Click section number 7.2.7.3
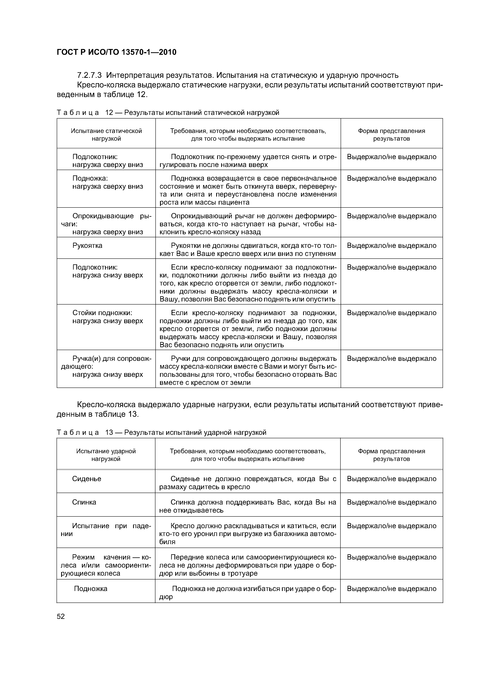click(89, 76)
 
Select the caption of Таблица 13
click(161, 432)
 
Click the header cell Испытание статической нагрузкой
click(106, 135)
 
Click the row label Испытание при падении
click(106, 530)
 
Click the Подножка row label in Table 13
click(91, 589)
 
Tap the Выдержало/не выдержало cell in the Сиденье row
click(391, 479)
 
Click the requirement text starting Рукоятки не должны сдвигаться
click(248, 250)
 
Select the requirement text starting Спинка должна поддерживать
click(248, 506)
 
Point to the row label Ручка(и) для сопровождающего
click(106, 366)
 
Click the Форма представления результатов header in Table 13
click(391, 455)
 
